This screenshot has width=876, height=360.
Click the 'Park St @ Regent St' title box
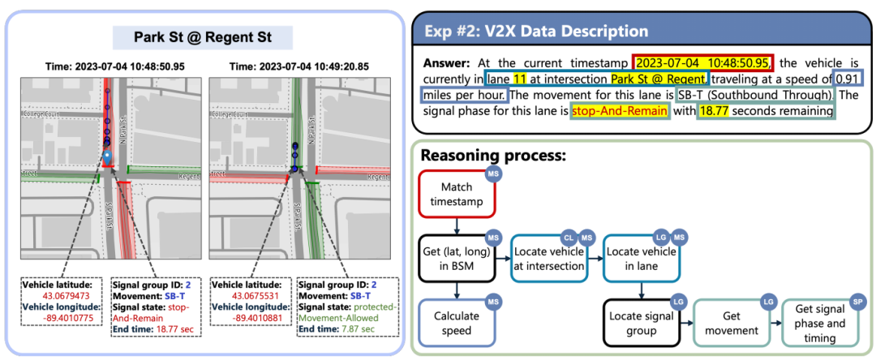[x=202, y=37]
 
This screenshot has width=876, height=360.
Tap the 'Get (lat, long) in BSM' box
[x=457, y=257]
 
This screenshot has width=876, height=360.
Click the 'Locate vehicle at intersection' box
[x=549, y=257]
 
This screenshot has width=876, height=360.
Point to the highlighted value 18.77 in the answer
[x=715, y=111]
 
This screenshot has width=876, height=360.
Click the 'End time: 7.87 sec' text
[x=335, y=328]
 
